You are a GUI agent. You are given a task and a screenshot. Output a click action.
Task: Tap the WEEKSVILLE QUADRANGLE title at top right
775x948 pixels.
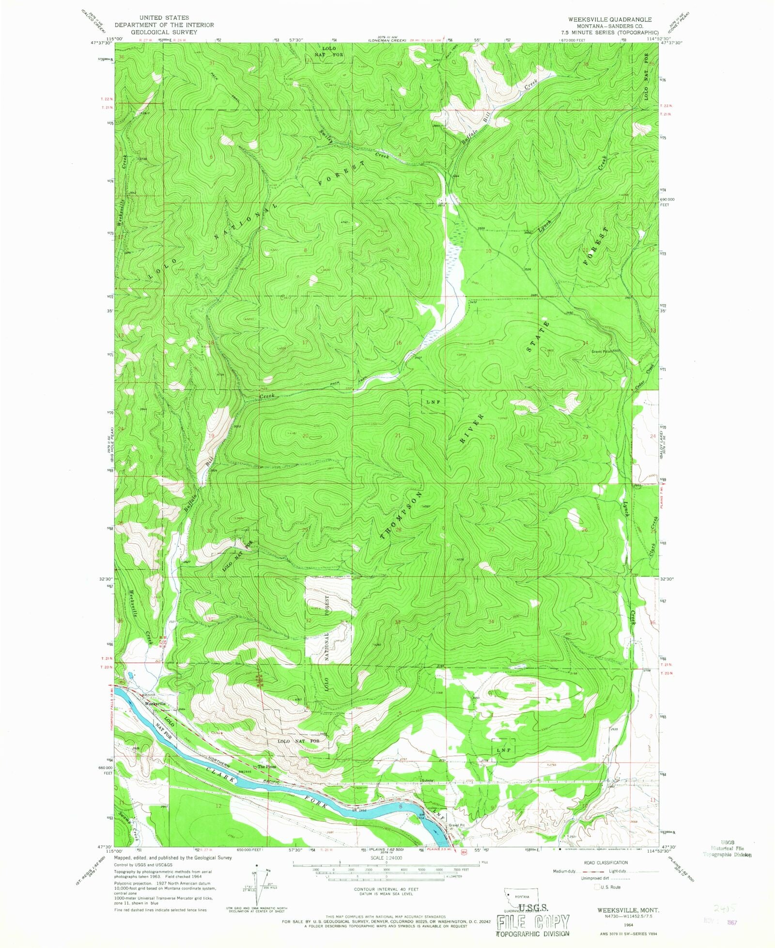[x=606, y=19]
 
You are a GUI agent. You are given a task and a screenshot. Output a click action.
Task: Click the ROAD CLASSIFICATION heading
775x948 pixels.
[x=605, y=862]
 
